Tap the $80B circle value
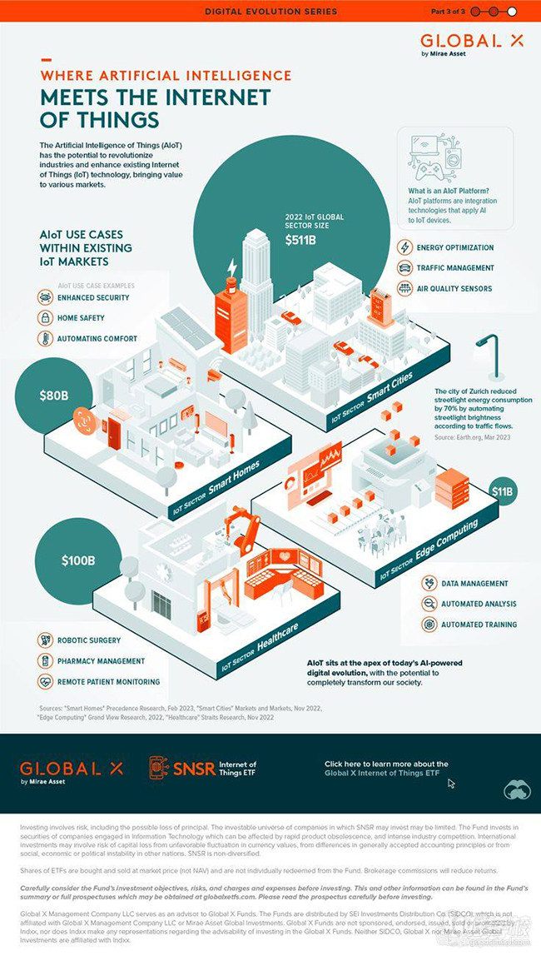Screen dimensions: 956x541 [54, 395]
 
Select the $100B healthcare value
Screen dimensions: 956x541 [78, 560]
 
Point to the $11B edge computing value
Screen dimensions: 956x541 [503, 492]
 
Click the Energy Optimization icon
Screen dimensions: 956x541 [405, 247]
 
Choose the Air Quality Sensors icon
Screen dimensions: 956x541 [405, 288]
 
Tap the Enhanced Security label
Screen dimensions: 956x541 [92, 297]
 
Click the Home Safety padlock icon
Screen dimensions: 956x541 [44, 318]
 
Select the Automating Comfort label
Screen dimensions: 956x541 [97, 338]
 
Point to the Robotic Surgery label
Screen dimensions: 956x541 [88, 640]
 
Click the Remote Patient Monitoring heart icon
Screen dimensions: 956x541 [44, 681]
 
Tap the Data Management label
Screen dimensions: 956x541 [474, 583]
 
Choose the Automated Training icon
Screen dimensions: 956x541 [429, 624]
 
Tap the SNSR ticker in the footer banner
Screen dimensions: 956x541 [194, 768]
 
